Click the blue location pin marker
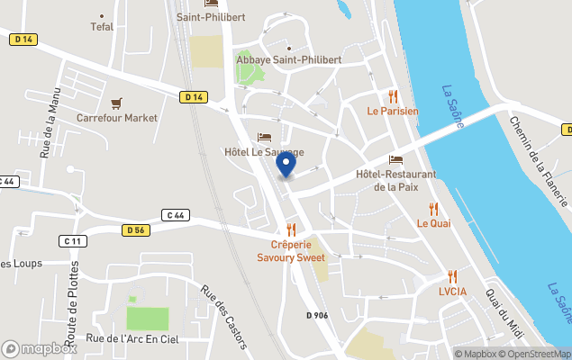tap(286, 165)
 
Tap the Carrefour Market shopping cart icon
tap(116, 103)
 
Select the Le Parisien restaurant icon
tap(392, 96)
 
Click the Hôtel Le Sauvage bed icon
tap(264, 138)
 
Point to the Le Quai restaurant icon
tap(433, 209)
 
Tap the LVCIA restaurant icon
tap(452, 277)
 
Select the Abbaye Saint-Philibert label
tap(288, 60)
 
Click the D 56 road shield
tap(135, 230)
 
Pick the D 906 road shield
tap(318, 315)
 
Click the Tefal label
tap(102, 27)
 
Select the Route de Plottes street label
tap(73, 304)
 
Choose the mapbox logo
tap(40, 348)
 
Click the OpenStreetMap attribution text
tap(536, 354)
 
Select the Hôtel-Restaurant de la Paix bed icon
tap(395, 160)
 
